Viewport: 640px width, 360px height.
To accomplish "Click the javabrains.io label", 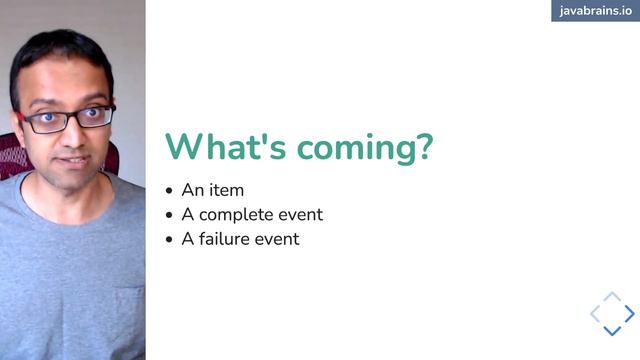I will point(595,11).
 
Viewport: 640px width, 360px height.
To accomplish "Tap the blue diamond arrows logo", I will point(612,314).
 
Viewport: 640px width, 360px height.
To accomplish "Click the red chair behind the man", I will point(12,156).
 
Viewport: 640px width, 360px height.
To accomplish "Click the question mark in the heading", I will point(423,146).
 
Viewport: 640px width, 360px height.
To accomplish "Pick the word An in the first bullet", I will point(192,189).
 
